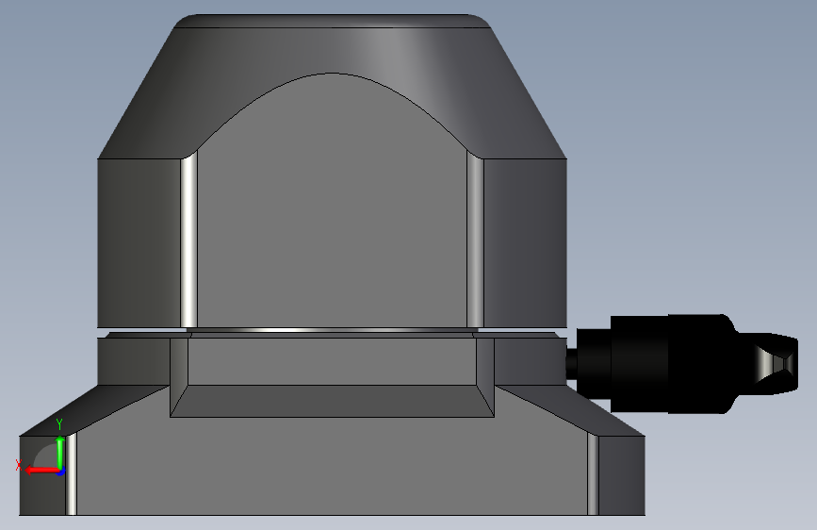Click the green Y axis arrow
click(x=60, y=453)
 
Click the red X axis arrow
click(x=42, y=471)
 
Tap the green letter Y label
click(x=59, y=424)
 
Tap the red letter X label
click(x=19, y=465)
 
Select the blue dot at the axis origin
click(x=60, y=472)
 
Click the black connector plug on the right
click(x=682, y=364)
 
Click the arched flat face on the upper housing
click(x=332, y=208)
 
